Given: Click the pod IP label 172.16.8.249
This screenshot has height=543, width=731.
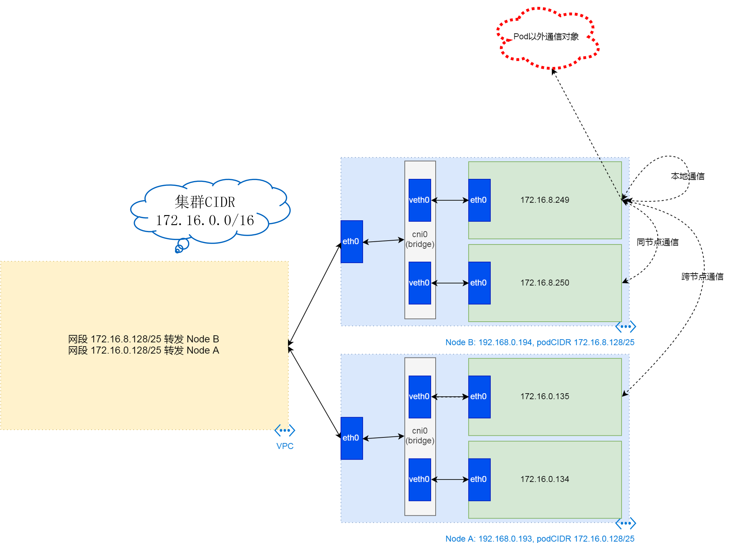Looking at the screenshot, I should [x=544, y=200].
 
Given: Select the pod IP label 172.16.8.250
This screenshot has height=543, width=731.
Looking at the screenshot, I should [x=544, y=283].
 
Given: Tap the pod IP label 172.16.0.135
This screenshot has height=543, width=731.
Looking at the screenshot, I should [x=544, y=396].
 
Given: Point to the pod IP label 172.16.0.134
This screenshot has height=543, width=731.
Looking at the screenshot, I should [x=544, y=479].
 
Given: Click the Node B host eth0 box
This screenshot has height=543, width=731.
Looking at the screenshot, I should [x=352, y=242].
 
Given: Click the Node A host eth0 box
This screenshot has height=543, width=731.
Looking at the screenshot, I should [x=352, y=438].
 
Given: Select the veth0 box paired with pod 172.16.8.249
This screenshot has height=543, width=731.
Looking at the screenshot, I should [x=420, y=200].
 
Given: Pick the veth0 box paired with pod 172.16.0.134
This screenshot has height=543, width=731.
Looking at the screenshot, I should [x=420, y=479].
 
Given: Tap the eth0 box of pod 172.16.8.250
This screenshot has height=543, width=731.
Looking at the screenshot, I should [x=479, y=283].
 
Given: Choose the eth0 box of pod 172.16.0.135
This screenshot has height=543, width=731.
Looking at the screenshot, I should [x=479, y=397].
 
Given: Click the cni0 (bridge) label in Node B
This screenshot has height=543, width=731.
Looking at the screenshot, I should [x=420, y=239].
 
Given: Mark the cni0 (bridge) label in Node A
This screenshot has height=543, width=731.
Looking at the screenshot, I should [x=420, y=436].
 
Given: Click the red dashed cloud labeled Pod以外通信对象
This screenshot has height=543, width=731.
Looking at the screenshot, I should [x=546, y=37].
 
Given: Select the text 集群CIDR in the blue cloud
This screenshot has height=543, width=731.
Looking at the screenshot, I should [x=205, y=202].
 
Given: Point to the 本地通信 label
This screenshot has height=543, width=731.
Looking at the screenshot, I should [x=687, y=176].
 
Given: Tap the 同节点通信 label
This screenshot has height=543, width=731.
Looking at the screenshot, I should [x=657, y=242].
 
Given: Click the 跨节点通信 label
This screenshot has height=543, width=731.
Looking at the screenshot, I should [x=702, y=277].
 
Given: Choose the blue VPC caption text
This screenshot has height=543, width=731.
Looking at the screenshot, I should [x=285, y=446].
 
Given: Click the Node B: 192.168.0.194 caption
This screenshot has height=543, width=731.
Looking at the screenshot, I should [x=540, y=343].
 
